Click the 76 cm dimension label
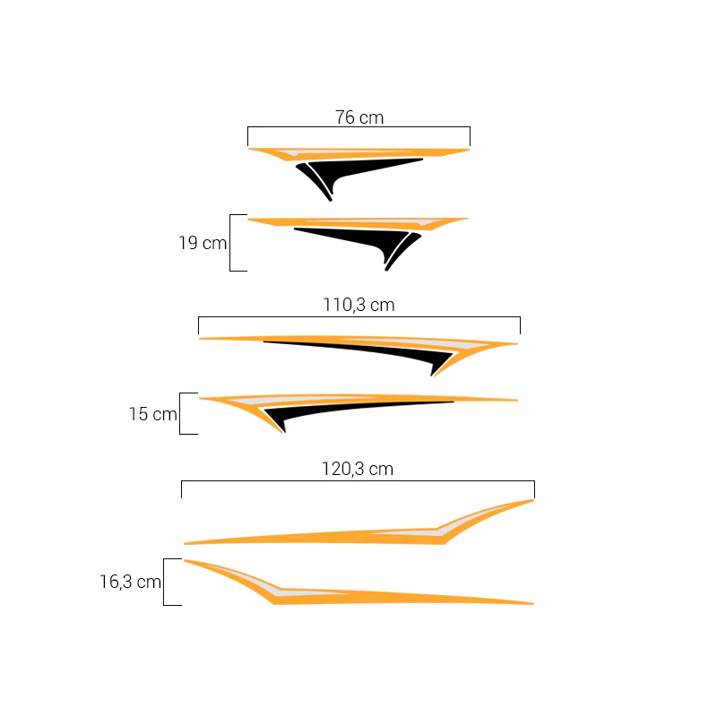click(359, 117)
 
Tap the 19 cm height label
click(203, 243)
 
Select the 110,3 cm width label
click(359, 305)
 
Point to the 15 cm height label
click(152, 414)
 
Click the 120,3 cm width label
click(358, 469)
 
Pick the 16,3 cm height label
click(130, 582)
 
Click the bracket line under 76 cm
click(359, 127)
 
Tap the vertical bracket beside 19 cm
click(230, 243)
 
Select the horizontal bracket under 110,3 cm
click(359, 317)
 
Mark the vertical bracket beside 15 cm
click(180, 413)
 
